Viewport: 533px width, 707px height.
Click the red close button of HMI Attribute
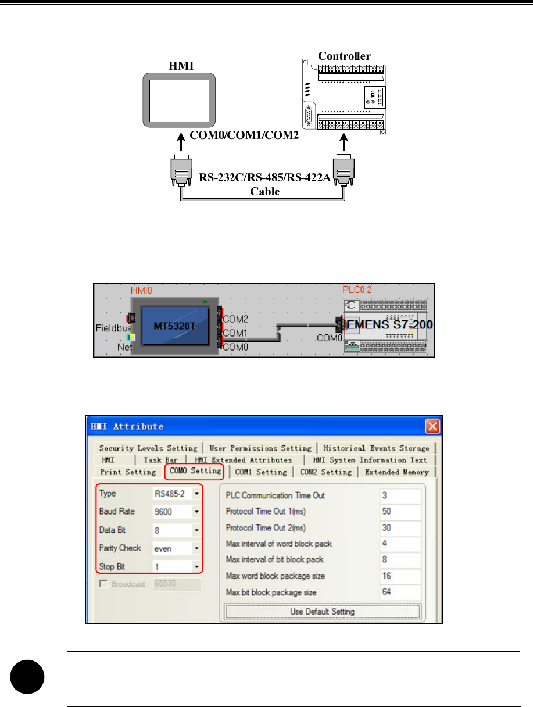click(x=432, y=426)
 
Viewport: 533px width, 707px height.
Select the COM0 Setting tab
click(x=195, y=472)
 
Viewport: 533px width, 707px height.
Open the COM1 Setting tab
click(x=261, y=472)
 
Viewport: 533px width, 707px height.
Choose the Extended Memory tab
click(x=397, y=472)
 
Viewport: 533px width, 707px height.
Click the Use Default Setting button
click(x=323, y=612)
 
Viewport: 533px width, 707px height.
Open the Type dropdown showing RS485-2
click(x=196, y=494)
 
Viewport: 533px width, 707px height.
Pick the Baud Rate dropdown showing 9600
click(x=196, y=512)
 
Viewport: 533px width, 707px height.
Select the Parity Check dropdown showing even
click(x=196, y=548)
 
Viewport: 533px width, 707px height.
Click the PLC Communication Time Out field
click(x=400, y=495)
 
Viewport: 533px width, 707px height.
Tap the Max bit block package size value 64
click(x=400, y=592)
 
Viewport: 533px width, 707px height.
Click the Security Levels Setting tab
click(x=148, y=448)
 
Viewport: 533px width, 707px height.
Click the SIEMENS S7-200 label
click(x=385, y=324)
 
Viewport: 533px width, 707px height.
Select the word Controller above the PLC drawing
click(x=344, y=56)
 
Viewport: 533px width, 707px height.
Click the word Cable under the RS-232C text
click(x=264, y=191)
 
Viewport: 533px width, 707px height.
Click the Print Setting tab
click(x=128, y=472)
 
